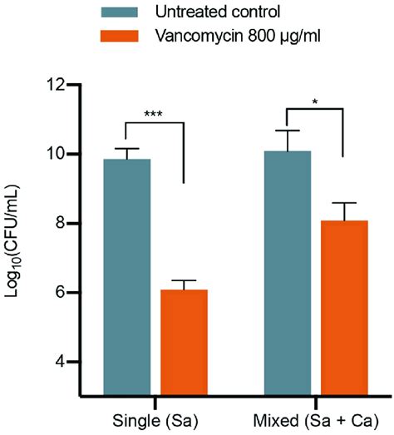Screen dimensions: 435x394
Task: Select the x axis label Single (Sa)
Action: [155, 416]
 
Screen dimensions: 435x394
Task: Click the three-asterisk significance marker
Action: [152, 113]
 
